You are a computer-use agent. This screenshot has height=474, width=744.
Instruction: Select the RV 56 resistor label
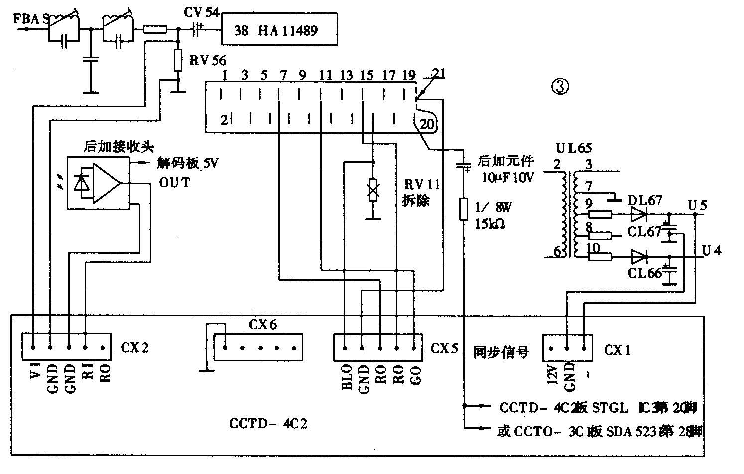(x=207, y=61)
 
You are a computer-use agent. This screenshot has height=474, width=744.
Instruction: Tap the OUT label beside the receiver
(x=174, y=182)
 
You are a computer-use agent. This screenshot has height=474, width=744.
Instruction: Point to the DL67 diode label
(x=645, y=200)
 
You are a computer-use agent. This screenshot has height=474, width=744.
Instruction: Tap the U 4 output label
(x=711, y=250)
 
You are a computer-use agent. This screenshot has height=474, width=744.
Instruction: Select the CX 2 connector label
(x=134, y=347)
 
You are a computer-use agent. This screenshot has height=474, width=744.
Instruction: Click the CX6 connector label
(x=263, y=325)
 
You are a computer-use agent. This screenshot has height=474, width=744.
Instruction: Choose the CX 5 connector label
(x=444, y=348)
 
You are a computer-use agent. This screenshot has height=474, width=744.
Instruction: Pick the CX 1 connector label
(x=618, y=350)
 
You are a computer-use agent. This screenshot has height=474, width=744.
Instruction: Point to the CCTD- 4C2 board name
(x=268, y=424)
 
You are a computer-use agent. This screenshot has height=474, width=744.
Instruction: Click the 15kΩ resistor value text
(x=491, y=224)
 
